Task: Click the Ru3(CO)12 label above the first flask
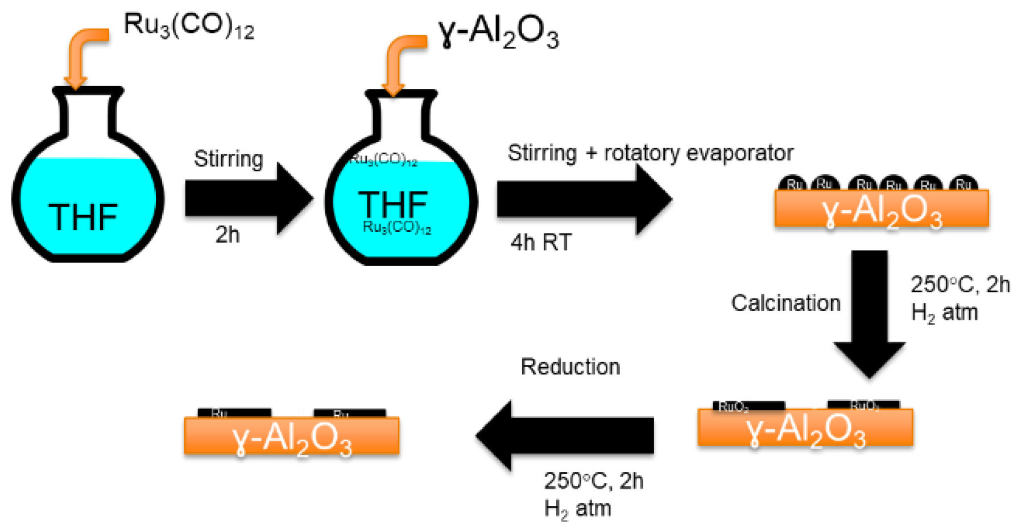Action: [x=188, y=26]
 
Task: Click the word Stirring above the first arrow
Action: [x=228, y=158]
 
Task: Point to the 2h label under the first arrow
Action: [x=227, y=235]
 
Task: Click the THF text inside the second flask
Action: [x=392, y=203]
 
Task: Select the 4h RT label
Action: [x=540, y=243]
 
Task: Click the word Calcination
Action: [x=785, y=303]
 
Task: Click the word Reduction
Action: [x=570, y=367]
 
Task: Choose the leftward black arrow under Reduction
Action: [x=566, y=436]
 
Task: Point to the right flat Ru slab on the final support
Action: [x=349, y=413]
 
